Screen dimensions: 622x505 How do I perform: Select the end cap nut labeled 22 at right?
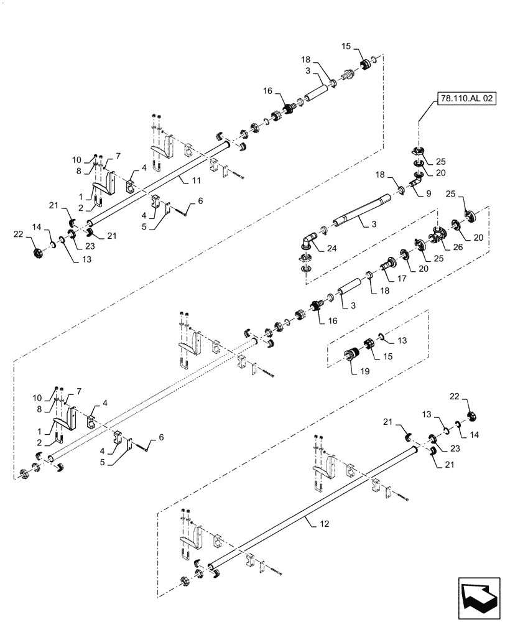(x=470, y=415)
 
